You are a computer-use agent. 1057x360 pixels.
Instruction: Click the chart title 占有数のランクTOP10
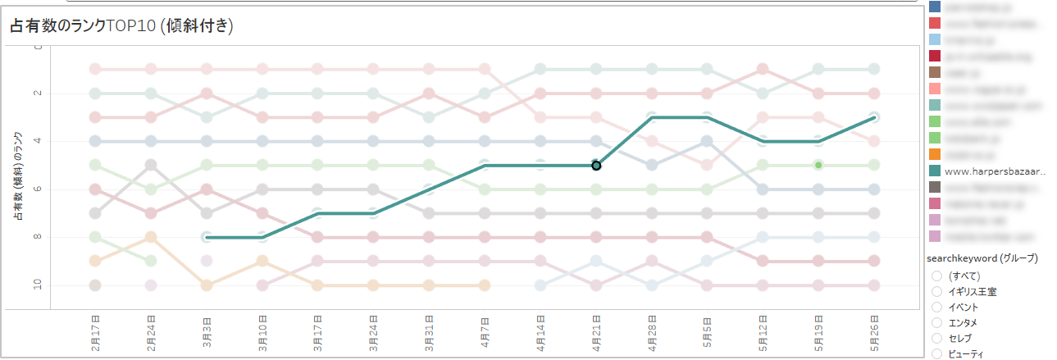click(x=122, y=27)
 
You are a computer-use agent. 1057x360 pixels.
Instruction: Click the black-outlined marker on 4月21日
click(x=597, y=166)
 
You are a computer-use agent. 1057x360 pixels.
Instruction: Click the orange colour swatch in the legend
click(x=935, y=154)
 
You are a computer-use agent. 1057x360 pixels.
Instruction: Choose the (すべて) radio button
click(x=937, y=276)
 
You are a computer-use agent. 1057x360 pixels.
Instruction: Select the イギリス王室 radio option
click(x=937, y=291)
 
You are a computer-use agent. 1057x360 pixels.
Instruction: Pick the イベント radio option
click(x=937, y=307)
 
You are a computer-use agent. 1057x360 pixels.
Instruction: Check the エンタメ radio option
click(x=937, y=322)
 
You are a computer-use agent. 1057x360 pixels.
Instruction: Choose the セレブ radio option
click(x=937, y=338)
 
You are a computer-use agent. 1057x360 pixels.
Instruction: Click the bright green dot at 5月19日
click(x=818, y=165)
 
